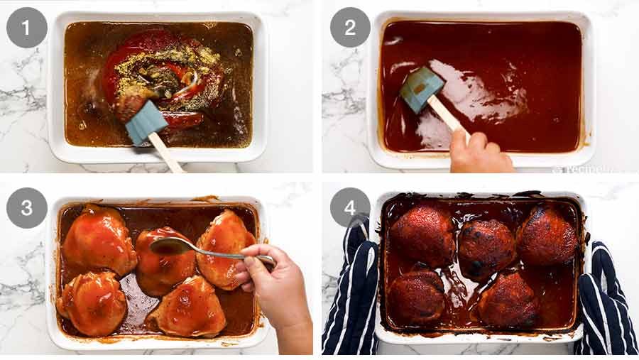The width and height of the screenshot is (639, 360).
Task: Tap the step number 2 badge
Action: click(x=350, y=27)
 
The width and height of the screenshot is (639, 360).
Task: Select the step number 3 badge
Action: click(x=26, y=207)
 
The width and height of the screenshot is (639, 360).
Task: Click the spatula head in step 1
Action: click(x=146, y=121)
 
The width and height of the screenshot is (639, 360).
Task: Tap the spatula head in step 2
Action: click(x=422, y=89)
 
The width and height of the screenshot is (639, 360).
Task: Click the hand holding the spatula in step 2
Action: click(x=480, y=152)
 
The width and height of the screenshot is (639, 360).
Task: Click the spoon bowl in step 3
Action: click(x=164, y=246)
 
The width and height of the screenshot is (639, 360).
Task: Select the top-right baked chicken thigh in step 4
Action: click(x=546, y=234)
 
